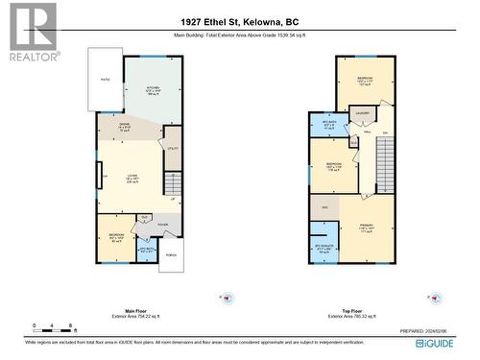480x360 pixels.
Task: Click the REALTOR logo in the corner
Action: (32, 32)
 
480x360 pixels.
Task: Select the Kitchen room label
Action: (152, 89)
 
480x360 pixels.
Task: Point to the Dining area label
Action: (126, 126)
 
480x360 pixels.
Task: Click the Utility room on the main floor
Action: (173, 150)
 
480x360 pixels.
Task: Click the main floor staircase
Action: (174, 183)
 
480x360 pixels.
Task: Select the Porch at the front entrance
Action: (172, 254)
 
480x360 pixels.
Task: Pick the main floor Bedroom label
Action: (115, 237)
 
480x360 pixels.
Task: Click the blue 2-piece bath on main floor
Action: (147, 250)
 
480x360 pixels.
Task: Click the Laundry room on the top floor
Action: (361, 114)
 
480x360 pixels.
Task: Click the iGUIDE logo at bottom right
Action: (434, 343)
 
